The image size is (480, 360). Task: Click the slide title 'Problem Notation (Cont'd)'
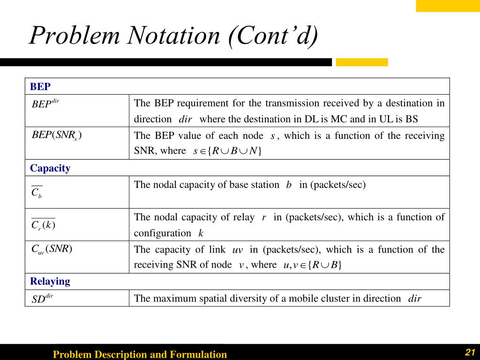click(173, 36)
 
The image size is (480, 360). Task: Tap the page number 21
click(470, 352)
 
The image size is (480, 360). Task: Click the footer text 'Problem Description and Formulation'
click(140, 354)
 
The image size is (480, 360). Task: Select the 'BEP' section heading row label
click(40, 87)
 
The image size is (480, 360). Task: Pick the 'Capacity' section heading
click(50, 168)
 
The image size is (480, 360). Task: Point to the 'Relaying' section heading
click(50, 281)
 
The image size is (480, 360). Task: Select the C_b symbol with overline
click(37, 192)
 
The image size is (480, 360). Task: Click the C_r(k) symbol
click(43, 225)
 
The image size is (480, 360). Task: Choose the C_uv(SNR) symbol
click(52, 249)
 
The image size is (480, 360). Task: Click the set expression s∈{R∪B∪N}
click(227, 151)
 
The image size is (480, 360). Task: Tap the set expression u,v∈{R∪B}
click(312, 265)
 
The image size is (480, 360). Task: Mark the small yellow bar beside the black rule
click(362, 62)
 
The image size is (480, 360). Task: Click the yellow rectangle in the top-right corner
click(448, 6)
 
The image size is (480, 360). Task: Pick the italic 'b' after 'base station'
click(289, 185)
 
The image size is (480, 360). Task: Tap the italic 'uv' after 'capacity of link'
click(238, 250)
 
